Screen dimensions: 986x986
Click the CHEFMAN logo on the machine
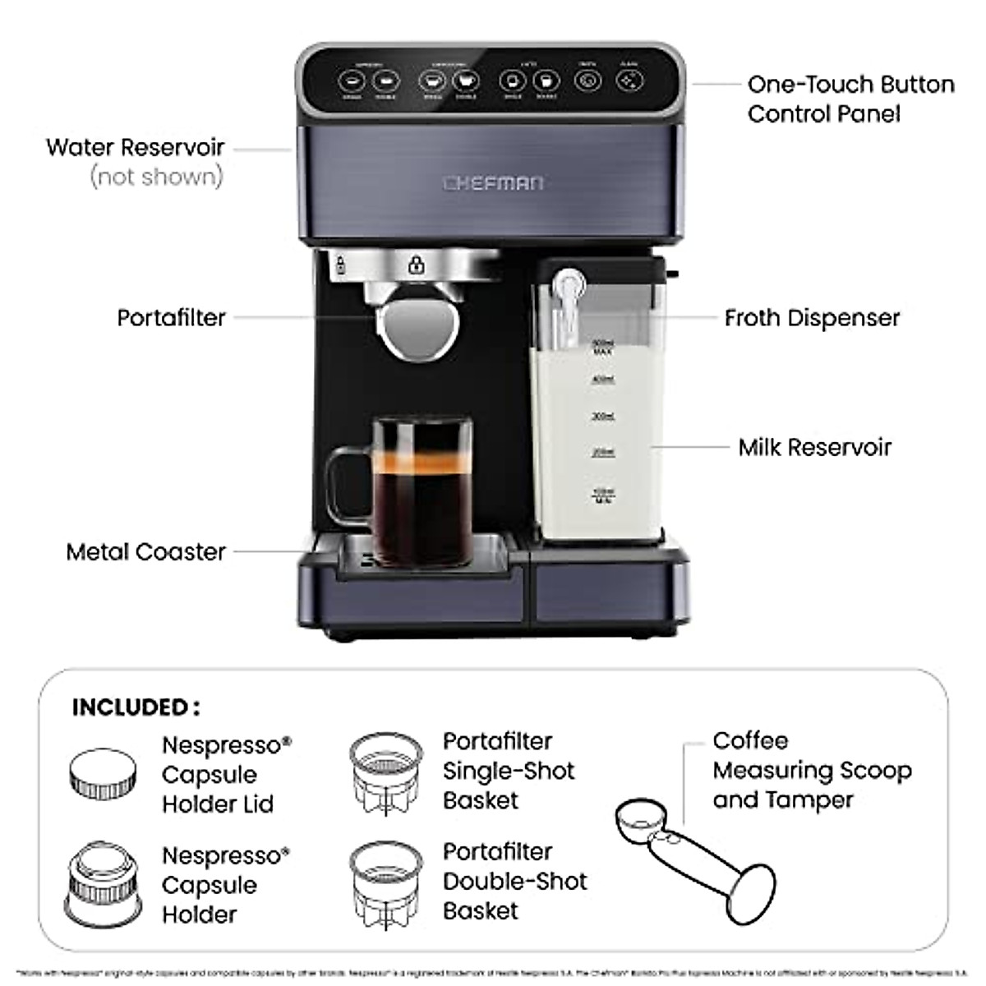tap(493, 182)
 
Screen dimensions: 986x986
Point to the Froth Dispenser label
tap(812, 318)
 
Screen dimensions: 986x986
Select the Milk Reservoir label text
tap(814, 447)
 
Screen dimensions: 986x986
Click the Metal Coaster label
tap(145, 551)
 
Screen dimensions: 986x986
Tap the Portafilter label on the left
tap(171, 318)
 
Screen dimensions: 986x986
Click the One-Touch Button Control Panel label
tap(850, 99)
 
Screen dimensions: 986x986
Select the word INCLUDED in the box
tap(131, 707)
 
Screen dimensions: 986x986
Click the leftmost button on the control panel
tap(353, 81)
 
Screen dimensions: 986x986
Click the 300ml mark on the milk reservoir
tap(603, 416)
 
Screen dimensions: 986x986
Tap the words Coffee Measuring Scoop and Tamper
tap(812, 770)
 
